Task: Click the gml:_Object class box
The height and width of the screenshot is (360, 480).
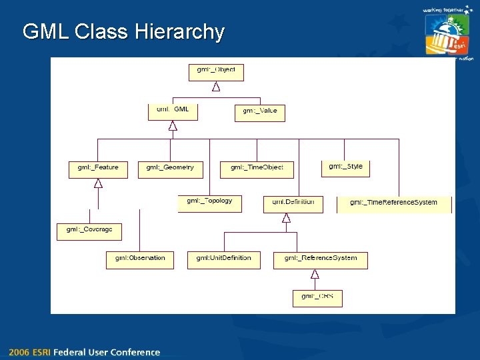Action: coord(216,72)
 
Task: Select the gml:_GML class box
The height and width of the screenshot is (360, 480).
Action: coord(173,111)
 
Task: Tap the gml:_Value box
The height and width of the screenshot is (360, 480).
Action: coord(260,113)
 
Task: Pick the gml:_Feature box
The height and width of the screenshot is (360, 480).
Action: coord(98,169)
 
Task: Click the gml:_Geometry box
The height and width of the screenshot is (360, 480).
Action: coord(170,169)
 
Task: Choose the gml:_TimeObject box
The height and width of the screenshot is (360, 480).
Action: coord(257,169)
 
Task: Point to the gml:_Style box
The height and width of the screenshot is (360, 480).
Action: coord(345,168)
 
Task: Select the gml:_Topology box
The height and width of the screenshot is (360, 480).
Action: coord(209,203)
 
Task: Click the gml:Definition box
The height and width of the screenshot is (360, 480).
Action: coord(293,203)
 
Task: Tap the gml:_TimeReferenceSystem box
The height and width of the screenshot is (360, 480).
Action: coord(394,204)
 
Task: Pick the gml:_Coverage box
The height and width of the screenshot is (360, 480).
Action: coord(89,231)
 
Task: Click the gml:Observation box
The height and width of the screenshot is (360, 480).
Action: coord(140,259)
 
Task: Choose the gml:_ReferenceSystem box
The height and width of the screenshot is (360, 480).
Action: coord(320,259)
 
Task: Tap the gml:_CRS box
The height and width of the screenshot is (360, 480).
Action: coord(317,297)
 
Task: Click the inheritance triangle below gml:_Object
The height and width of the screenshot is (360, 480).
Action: coord(216,87)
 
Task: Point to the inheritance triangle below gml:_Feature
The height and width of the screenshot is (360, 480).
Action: coord(98,183)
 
